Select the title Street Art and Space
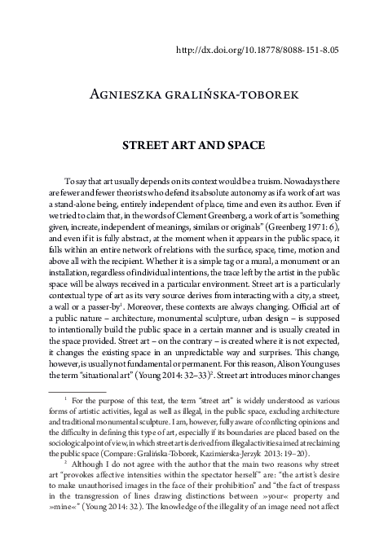point(193,148)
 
